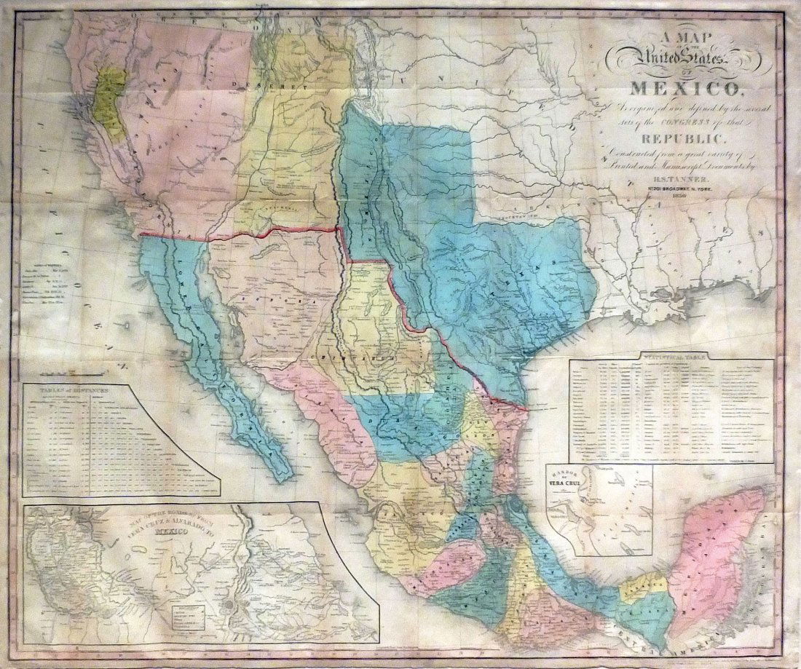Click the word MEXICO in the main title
pyautogui.click(x=684, y=90)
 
